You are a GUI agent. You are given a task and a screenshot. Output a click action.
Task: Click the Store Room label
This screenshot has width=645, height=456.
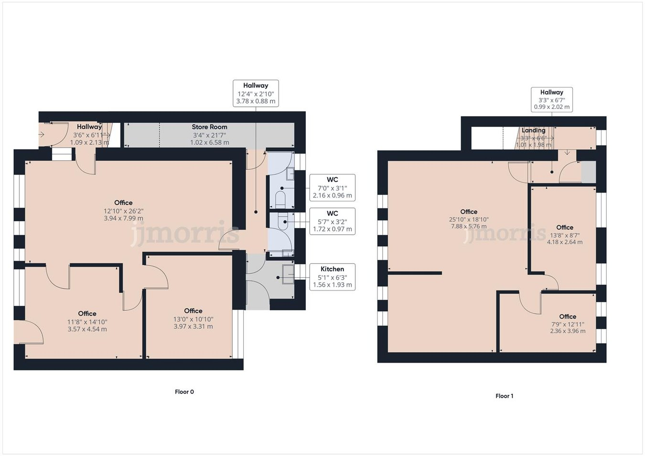click(209, 127)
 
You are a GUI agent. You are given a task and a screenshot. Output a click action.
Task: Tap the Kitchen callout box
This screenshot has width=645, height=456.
click(332, 277)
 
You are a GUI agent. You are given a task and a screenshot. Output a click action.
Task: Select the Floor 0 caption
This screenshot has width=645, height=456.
click(184, 392)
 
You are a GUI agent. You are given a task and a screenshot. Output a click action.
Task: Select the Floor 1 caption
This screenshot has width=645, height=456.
click(505, 396)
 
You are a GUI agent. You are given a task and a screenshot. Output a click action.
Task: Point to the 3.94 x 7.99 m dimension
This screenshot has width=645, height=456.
click(123, 218)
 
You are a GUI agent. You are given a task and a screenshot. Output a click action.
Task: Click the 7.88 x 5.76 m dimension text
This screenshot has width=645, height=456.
click(469, 227)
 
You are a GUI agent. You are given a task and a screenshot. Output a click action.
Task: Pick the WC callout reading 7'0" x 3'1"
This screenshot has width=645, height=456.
click(332, 187)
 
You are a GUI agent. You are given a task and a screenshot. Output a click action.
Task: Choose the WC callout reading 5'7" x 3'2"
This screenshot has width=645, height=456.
click(332, 221)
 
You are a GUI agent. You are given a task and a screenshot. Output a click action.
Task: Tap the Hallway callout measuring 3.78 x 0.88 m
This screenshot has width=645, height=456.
click(256, 93)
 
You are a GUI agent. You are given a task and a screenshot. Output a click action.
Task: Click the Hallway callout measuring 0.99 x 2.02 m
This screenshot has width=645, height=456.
click(552, 99)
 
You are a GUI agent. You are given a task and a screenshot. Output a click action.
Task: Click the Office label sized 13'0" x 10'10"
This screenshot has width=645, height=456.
click(193, 311)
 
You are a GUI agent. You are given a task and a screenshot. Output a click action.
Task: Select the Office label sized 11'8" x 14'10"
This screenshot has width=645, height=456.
click(87, 314)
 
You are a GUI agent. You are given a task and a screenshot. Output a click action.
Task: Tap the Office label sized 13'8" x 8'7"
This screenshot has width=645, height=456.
click(565, 228)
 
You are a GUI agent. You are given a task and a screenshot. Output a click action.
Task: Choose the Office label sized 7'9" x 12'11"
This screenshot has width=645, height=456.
click(568, 317)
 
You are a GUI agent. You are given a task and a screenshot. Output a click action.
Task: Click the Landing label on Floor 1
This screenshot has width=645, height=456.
click(533, 130)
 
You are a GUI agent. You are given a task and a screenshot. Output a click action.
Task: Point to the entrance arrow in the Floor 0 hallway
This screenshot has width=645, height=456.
click(42, 135)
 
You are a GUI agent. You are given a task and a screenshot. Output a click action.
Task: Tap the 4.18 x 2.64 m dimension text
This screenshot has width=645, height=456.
click(565, 242)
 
